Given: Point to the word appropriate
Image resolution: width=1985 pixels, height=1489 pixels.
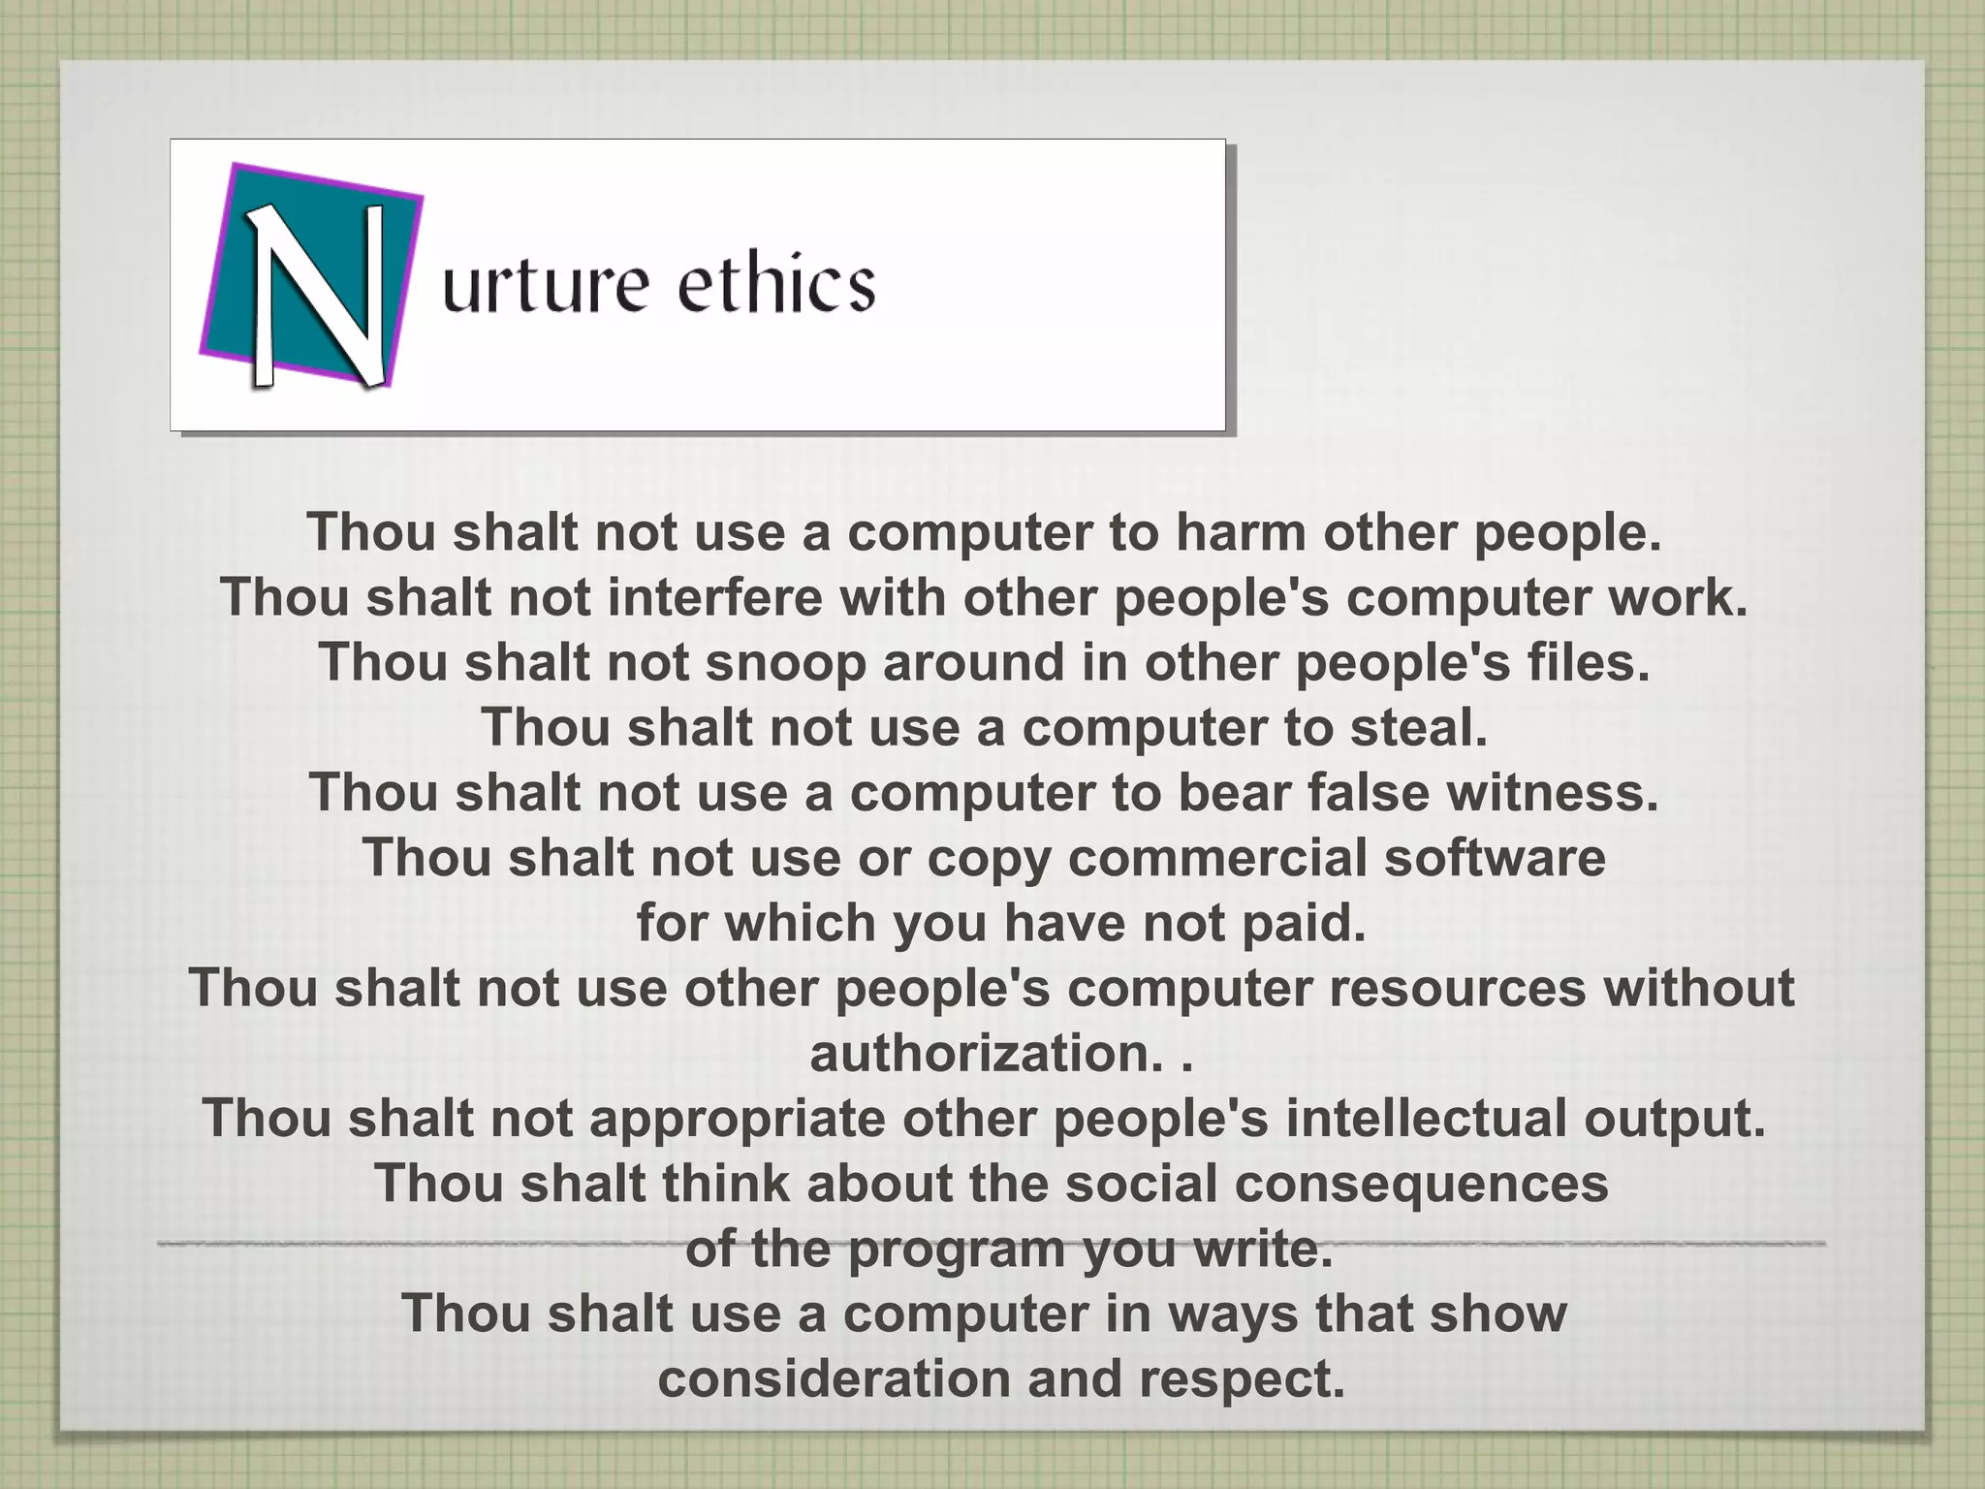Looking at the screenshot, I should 737,1118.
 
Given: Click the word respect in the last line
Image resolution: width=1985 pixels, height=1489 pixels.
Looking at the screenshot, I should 1243,1378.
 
